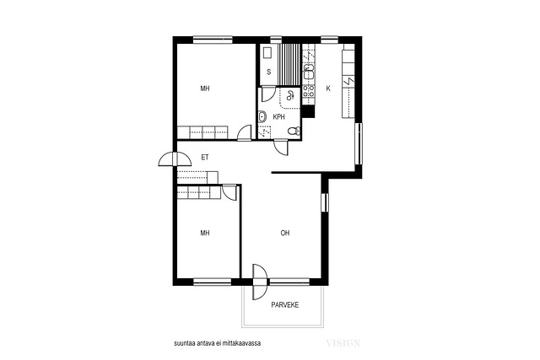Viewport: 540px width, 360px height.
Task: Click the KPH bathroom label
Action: pyautogui.click(x=278, y=117)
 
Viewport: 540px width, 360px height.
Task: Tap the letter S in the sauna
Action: pyautogui.click(x=269, y=72)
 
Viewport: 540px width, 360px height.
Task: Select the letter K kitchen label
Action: pyautogui.click(x=328, y=89)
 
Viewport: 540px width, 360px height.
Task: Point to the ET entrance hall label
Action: pyautogui.click(x=205, y=158)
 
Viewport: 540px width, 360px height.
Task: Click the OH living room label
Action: pyautogui.click(x=285, y=233)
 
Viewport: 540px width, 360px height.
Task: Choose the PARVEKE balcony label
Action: pyautogui.click(x=285, y=305)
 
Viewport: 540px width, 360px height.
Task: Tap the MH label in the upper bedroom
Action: pyautogui.click(x=205, y=89)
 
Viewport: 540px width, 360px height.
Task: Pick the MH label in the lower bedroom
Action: pyautogui.click(x=205, y=233)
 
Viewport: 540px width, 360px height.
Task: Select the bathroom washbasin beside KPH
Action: pyautogui.click(x=262, y=117)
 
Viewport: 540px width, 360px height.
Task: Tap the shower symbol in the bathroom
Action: pyautogui.click(x=290, y=95)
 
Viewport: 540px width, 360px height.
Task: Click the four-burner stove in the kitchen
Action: pyautogui.click(x=308, y=90)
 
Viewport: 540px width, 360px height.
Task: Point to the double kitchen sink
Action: pyautogui.click(x=309, y=72)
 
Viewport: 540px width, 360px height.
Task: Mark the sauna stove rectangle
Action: pyautogui.click(x=267, y=53)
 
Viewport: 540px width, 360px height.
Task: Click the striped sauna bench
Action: pyautogui.click(x=289, y=65)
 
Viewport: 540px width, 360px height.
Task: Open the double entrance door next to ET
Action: pyautogui.click(x=175, y=159)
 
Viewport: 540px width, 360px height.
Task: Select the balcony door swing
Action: pyautogui.click(x=260, y=282)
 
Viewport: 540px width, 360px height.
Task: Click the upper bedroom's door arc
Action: pyautogui.click(x=244, y=132)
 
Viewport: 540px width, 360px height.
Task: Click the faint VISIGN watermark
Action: pyautogui.click(x=343, y=343)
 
